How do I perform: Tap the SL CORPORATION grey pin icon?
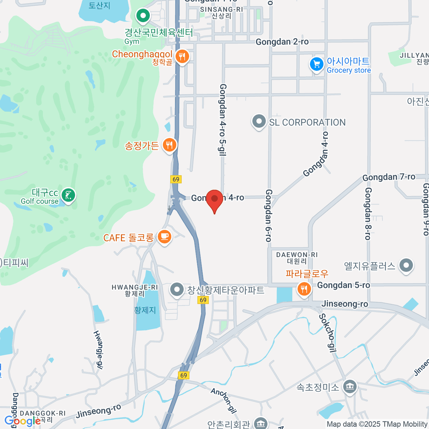pyautogui.click(x=259, y=122)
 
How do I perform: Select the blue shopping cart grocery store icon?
pyautogui.click(x=316, y=65)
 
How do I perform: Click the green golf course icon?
pyautogui.click(x=68, y=195)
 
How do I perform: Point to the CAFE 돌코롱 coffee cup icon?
pyautogui.click(x=164, y=237)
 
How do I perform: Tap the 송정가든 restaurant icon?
pyautogui.click(x=169, y=145)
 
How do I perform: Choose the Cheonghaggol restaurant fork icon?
pyautogui.click(x=182, y=56)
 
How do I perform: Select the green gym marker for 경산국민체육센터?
pyautogui.click(x=143, y=16)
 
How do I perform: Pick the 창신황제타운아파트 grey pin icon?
pyautogui.click(x=177, y=290)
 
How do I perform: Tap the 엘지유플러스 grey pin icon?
pyautogui.click(x=406, y=266)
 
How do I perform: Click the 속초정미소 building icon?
pyautogui.click(x=350, y=387)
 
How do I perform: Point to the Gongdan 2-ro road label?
pyautogui.click(x=282, y=42)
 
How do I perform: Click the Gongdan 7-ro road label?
pyautogui.click(x=389, y=177)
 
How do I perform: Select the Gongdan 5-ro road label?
pyautogui.click(x=344, y=285)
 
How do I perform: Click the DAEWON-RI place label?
pyautogui.click(x=297, y=255)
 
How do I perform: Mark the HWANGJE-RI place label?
pyautogui.click(x=135, y=287)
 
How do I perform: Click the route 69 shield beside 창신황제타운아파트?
pyautogui.click(x=203, y=300)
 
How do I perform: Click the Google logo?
pyautogui.click(x=22, y=421)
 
